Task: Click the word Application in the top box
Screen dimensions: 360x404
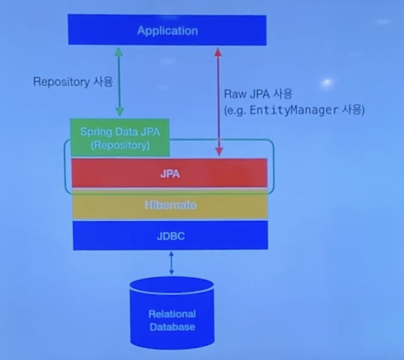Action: coord(167,31)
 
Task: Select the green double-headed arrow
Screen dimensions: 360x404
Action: coord(120,81)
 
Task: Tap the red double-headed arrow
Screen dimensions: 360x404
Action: coord(219,102)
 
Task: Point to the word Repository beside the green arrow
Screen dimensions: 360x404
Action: coord(61,82)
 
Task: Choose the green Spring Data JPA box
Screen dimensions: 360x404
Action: coord(120,137)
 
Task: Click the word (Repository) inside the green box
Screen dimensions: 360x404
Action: coord(120,144)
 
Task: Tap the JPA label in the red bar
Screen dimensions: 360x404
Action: coord(170,173)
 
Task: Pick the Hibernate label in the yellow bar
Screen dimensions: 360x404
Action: coord(170,205)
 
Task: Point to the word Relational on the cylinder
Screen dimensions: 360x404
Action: coord(172,314)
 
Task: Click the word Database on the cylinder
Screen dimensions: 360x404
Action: coord(172,327)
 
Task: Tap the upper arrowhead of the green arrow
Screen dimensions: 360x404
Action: coord(120,51)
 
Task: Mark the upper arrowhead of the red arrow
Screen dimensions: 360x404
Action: coord(219,52)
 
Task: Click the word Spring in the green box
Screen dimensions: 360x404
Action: coord(92,132)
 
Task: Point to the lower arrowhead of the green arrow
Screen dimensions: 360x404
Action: coord(120,112)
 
